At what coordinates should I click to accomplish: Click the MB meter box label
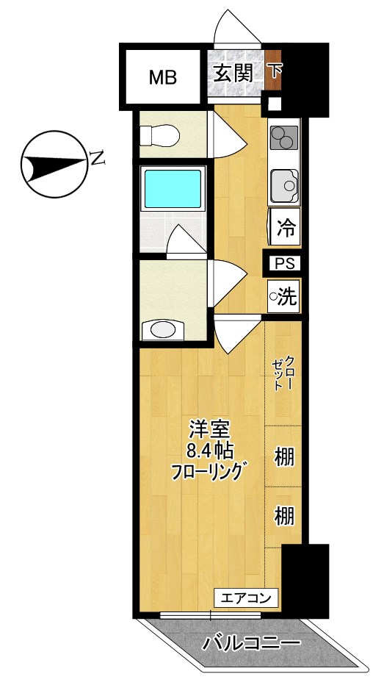163,76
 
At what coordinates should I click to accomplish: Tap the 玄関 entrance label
233,73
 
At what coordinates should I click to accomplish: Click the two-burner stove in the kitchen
283,137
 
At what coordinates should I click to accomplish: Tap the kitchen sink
283,184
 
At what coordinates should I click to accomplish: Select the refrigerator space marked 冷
286,227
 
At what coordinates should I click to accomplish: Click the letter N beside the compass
96,157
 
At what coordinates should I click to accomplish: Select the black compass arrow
51,164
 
